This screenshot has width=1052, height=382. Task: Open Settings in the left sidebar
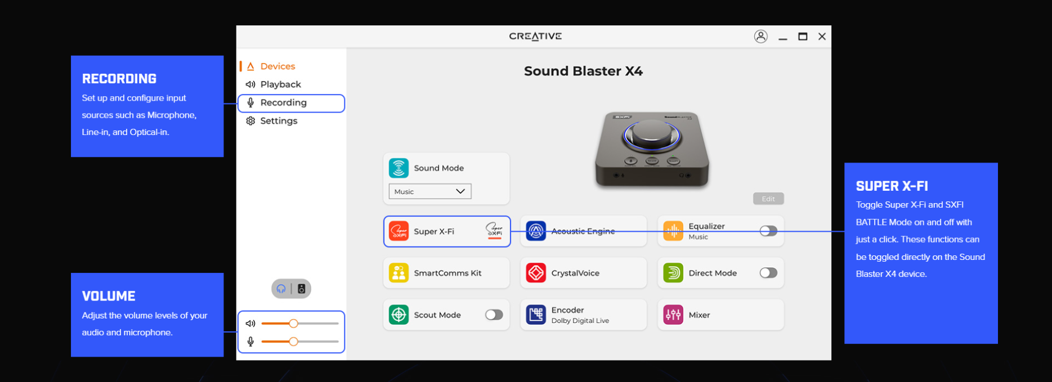click(x=271, y=121)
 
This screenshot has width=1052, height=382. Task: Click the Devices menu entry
click(x=271, y=66)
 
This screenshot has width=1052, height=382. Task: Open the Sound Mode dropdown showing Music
click(x=430, y=191)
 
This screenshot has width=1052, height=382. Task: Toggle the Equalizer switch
click(x=768, y=231)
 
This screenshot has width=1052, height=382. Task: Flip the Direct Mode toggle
click(x=768, y=273)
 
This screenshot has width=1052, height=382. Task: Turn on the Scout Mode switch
click(x=494, y=315)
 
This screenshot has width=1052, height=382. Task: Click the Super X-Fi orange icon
click(x=399, y=231)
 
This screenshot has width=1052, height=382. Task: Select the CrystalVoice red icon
click(x=536, y=273)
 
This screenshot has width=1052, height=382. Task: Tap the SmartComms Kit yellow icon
click(x=399, y=273)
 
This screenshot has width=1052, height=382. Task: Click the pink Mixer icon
click(x=673, y=315)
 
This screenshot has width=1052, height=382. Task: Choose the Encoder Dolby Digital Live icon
click(x=536, y=315)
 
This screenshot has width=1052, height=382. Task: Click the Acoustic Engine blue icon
click(x=536, y=231)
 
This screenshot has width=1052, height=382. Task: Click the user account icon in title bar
click(x=761, y=37)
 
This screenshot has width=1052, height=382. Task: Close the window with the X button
click(x=822, y=37)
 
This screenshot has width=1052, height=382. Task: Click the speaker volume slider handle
click(x=293, y=323)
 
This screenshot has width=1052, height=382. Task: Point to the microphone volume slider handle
click(x=293, y=341)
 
